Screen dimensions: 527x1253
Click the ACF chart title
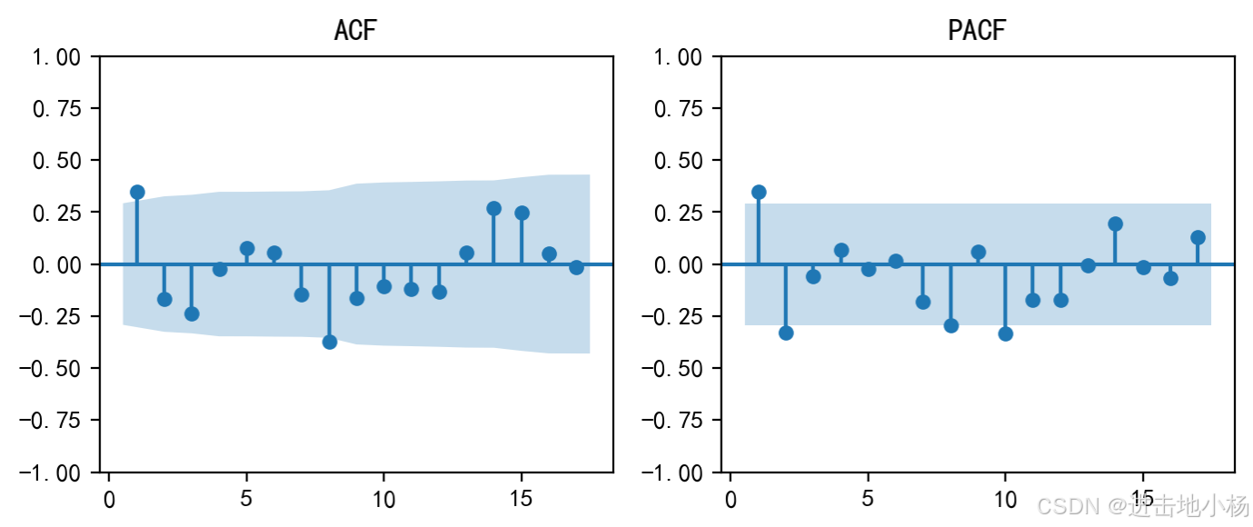[354, 30]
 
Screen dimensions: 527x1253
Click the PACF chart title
[977, 30]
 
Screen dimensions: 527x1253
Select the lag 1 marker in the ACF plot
[137, 192]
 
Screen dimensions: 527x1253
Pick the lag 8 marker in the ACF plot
[330, 342]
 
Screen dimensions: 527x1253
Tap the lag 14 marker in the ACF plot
[494, 208]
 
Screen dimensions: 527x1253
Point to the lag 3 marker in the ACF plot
[192, 313]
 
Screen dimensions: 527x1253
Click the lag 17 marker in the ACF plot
[576, 267]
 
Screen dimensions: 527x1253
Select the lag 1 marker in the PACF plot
[759, 192]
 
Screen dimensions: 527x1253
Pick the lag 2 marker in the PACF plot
[786, 333]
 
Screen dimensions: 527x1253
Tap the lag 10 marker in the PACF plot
[1006, 333]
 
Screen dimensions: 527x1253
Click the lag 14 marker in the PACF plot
[1116, 224]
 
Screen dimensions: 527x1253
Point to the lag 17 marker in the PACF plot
[1198, 237]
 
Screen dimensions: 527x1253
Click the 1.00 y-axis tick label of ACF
[56, 57]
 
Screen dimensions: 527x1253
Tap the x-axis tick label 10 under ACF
[383, 499]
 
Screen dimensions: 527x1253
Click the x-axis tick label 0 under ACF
[109, 499]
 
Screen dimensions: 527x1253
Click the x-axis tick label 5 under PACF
[868, 499]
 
